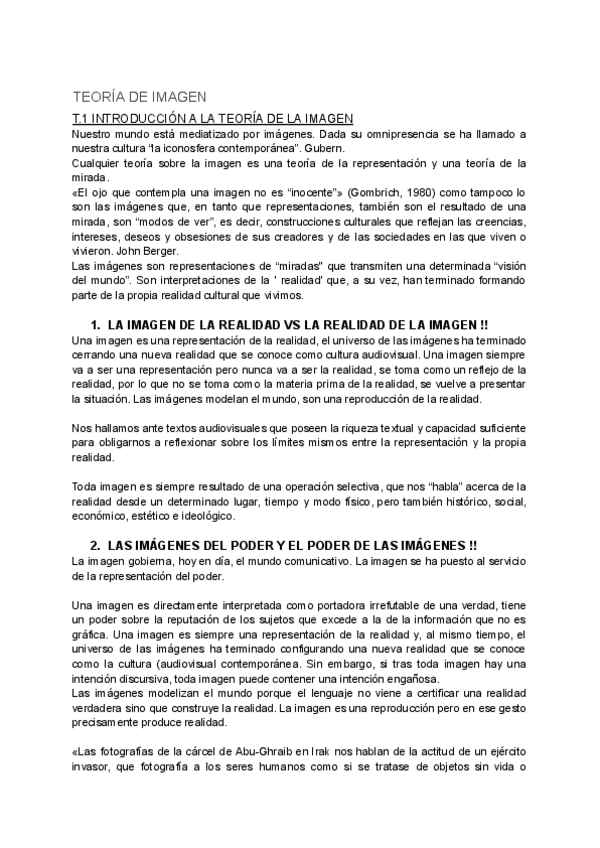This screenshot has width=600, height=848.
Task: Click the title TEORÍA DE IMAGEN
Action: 140,97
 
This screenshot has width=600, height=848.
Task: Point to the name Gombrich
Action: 311,190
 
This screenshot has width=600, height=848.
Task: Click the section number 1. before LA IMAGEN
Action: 96,325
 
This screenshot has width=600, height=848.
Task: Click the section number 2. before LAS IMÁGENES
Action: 96,545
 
